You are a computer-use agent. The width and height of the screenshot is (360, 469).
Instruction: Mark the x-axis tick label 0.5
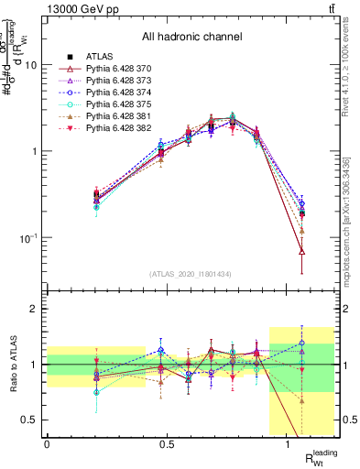168,443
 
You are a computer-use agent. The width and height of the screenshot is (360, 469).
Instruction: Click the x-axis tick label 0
47,443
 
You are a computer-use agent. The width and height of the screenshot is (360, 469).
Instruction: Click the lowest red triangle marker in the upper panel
301,251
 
